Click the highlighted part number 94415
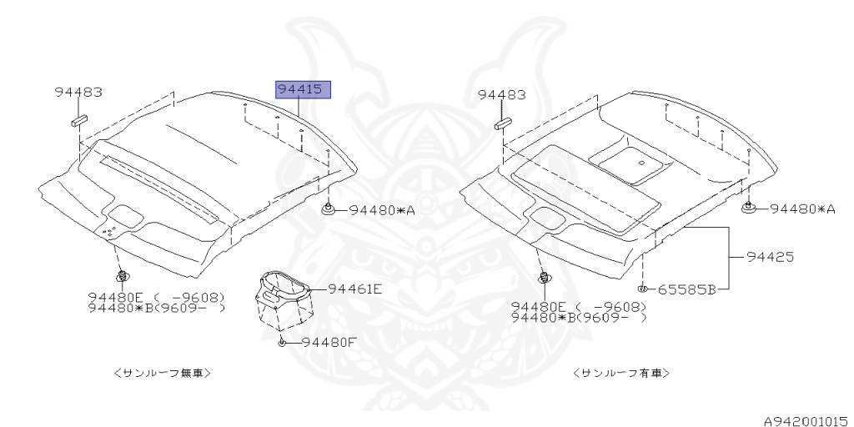[304, 89]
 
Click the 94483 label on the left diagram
[79, 92]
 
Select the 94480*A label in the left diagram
[382, 210]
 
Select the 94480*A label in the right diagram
[801, 208]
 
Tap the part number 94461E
[354, 289]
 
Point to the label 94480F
[329, 342]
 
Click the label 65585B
[686, 289]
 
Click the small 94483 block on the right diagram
[502, 124]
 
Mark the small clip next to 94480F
[283, 343]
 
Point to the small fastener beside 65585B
[645, 289]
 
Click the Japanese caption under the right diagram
[622, 373]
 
